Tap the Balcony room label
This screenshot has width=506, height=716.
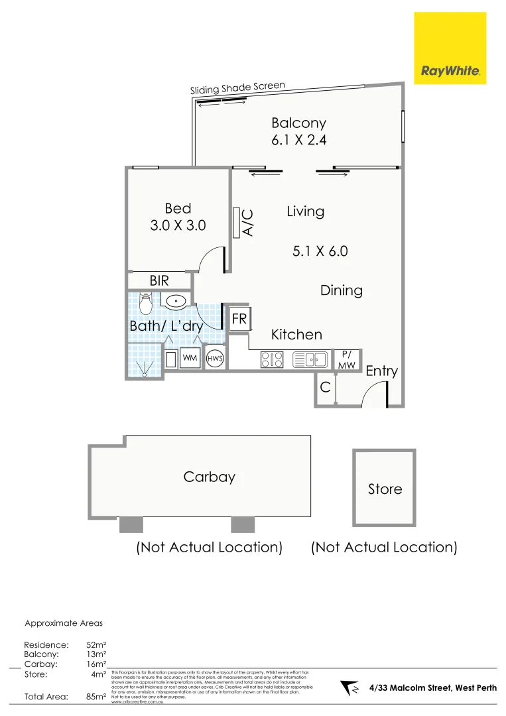click(298, 123)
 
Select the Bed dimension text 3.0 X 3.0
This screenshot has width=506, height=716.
click(178, 225)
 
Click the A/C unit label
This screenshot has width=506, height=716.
click(248, 223)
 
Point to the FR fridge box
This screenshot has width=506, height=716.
click(239, 320)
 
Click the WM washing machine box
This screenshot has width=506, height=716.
click(190, 358)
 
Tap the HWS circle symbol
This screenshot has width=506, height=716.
click(215, 359)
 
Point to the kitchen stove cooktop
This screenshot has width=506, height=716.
click(273, 359)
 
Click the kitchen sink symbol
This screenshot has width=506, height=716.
click(310, 359)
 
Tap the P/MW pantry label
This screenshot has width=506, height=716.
click(346, 359)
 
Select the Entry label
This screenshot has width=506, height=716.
click(381, 371)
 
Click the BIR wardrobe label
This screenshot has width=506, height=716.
click(159, 281)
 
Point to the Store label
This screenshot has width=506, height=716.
click(385, 489)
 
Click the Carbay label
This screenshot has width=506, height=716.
click(209, 477)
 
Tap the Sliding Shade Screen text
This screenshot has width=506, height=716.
click(237, 88)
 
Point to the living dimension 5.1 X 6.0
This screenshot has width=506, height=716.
click(320, 251)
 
